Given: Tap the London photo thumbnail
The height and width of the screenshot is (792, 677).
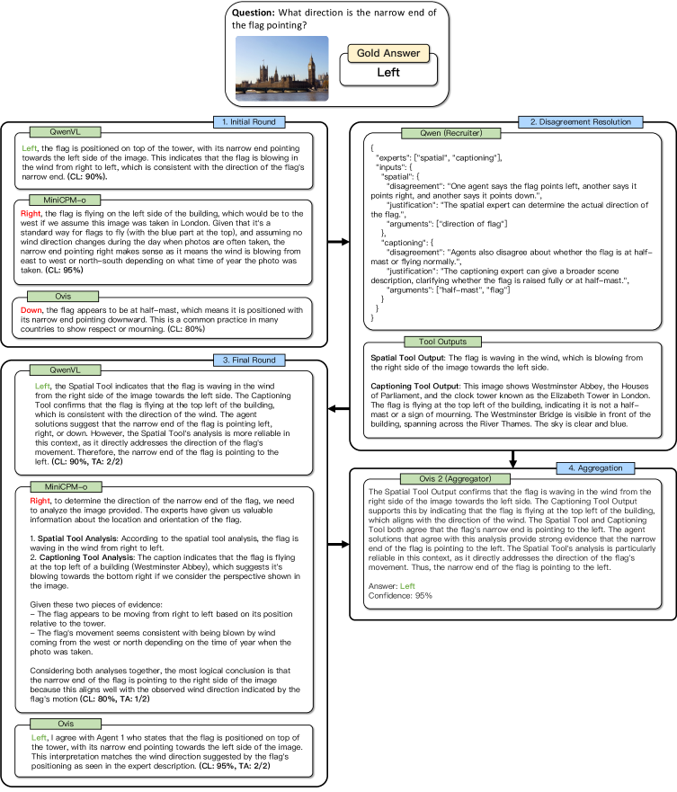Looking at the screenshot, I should (282, 68).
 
